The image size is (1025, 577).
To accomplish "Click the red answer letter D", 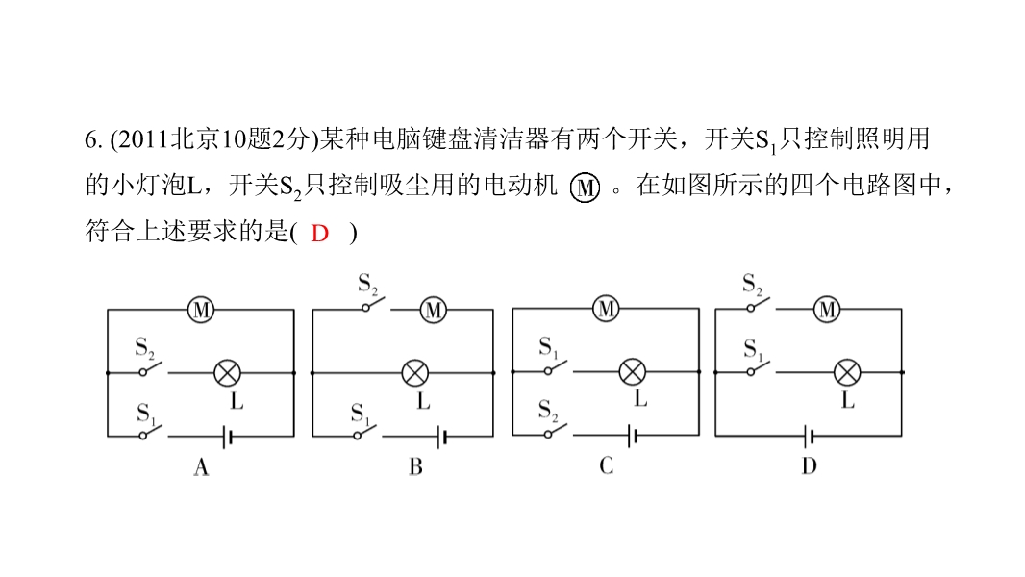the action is point(319,234).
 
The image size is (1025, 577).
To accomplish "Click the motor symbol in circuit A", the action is point(201,309).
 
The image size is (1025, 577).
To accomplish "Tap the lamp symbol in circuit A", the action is point(228,373).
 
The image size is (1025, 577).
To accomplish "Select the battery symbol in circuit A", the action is point(227,437).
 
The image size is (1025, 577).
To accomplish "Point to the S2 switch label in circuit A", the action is point(145,347).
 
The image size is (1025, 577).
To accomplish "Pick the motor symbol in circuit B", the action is point(434,309).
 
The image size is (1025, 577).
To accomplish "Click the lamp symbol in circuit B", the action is point(414,373).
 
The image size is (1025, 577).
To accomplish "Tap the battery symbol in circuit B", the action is point(442,437).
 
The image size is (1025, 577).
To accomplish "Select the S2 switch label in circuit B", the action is point(368,285).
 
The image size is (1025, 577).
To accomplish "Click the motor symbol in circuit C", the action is point(607,309).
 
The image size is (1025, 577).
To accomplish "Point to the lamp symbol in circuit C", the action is point(632,372).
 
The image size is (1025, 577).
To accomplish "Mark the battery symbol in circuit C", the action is point(632,436).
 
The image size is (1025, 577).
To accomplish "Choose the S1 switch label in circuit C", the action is point(548,347).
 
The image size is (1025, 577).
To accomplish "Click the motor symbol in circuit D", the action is point(827,309).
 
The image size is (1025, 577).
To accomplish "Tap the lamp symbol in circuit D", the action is point(847,372).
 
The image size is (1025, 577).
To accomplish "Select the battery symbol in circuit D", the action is point(810,436).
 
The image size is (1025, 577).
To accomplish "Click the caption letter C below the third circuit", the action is point(606,465).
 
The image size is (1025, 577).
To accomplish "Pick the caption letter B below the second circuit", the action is point(415,466).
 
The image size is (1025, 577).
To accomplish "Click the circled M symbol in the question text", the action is point(585,188).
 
